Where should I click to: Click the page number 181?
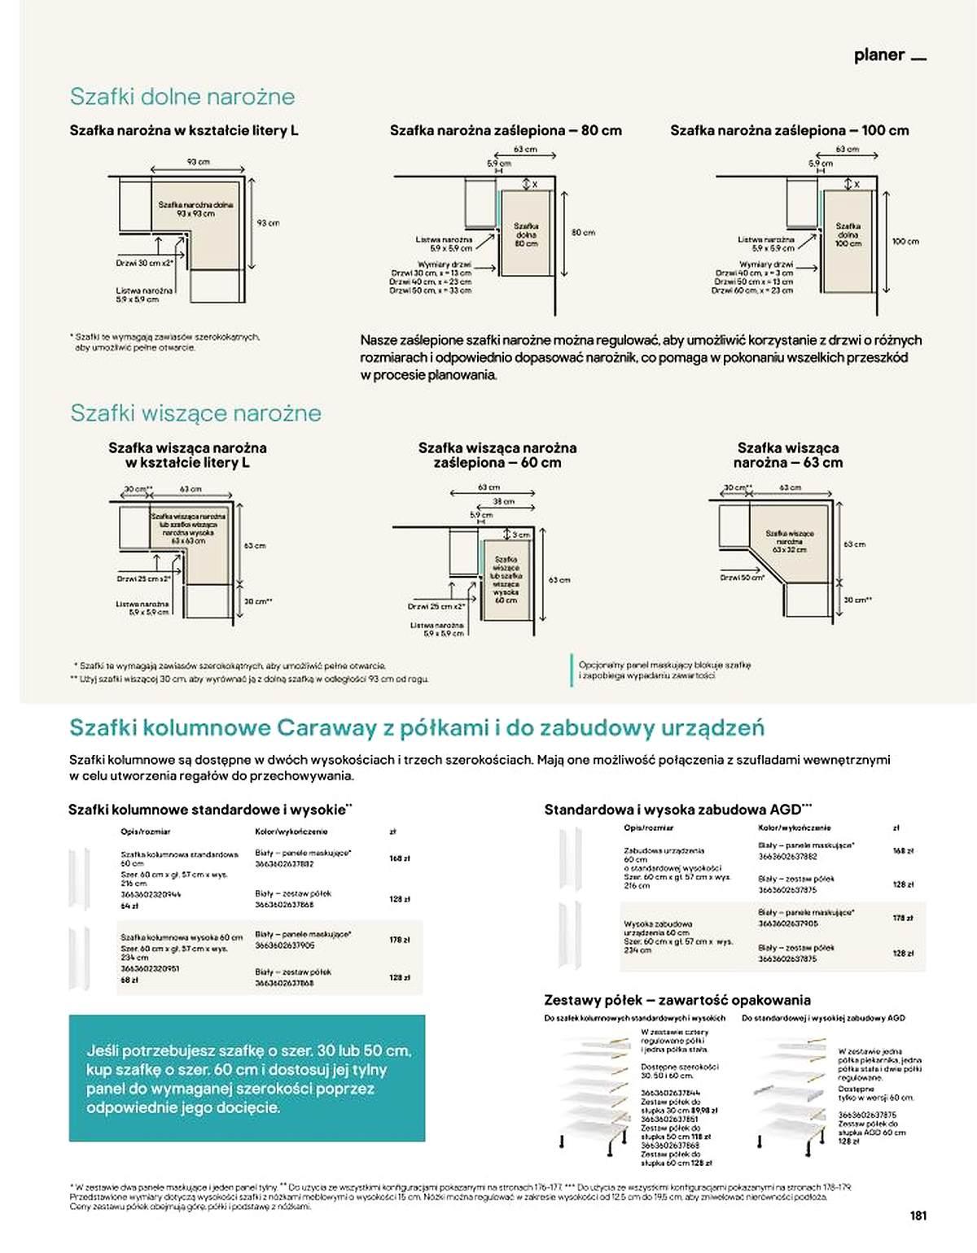pos(918,1216)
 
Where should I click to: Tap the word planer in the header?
pos(879,55)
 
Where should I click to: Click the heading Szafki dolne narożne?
pos(182,97)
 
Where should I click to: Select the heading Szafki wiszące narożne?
pos(195,413)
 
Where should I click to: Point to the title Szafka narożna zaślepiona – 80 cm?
pos(506,130)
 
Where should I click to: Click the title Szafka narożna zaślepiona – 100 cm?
pos(789,130)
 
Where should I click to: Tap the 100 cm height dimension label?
pos(905,242)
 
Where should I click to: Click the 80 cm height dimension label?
pos(583,233)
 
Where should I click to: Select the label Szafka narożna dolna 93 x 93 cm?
pos(195,209)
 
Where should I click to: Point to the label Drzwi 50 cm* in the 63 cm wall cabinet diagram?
pos(742,578)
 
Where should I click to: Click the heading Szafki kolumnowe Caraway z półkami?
pos(416,727)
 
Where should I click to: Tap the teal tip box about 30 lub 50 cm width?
pos(247,1078)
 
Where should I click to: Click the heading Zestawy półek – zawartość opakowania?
pos(677,1000)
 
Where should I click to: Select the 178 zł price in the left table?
pos(399,940)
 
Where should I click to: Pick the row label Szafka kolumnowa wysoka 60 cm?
pos(182,937)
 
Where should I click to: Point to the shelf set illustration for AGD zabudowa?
pos(790,1094)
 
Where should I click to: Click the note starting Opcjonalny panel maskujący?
pos(664,670)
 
